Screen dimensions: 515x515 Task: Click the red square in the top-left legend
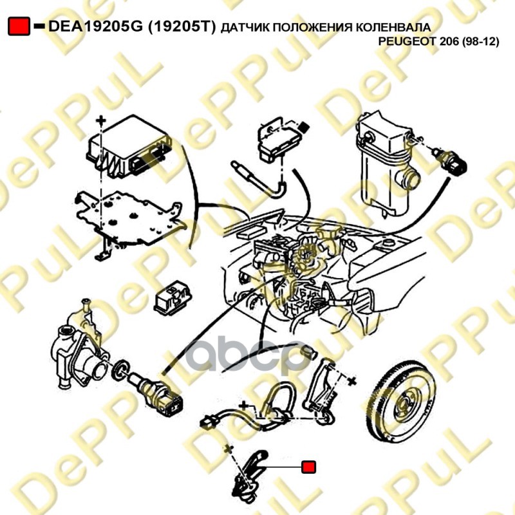19,26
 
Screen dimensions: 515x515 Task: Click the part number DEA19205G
95,26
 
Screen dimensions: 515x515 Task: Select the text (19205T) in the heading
182,26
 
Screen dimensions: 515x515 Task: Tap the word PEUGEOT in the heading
407,42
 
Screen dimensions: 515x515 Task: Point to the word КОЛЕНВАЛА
393,27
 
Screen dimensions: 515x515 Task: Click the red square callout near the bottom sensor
308,467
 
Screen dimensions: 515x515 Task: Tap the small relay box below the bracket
173,297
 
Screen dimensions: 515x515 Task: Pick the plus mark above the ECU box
101,121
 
